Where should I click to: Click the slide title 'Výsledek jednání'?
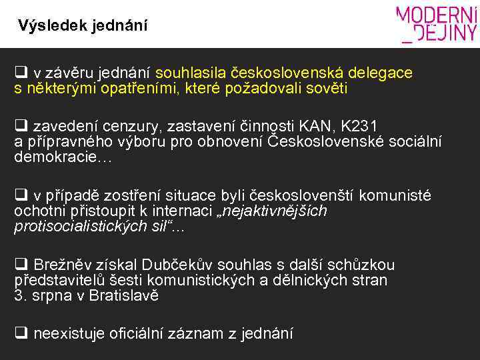click(83, 26)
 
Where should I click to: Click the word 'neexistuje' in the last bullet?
click(65, 333)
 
